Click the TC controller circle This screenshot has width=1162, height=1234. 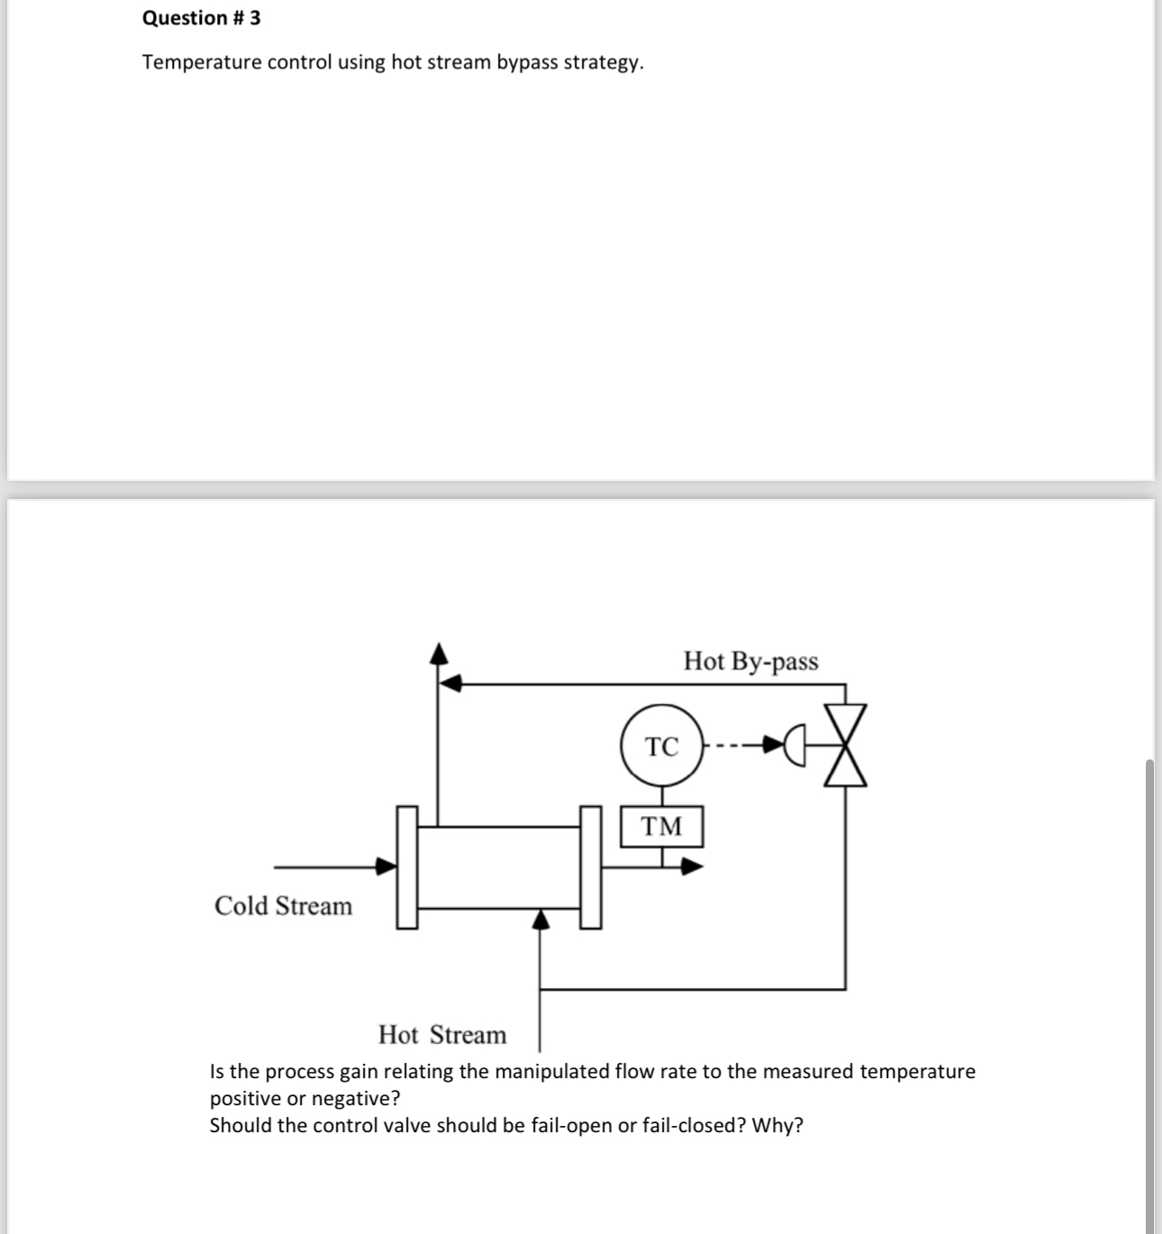coord(662,746)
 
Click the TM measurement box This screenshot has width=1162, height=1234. coord(662,826)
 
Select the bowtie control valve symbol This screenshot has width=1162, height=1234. coord(845,746)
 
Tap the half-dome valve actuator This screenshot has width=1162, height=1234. coord(794,746)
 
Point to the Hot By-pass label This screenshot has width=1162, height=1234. coord(750,661)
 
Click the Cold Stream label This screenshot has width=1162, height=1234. coord(283,905)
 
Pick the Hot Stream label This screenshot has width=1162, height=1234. coord(442,1034)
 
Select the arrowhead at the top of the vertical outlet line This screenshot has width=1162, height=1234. coord(438,652)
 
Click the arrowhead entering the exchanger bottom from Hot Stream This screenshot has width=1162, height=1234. coord(540,918)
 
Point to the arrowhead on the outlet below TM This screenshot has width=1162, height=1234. coord(692,867)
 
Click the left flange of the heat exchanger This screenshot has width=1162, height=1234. coord(408,867)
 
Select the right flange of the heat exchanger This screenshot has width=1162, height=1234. coord(590,867)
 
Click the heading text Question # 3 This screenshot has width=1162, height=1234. coord(202,18)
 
